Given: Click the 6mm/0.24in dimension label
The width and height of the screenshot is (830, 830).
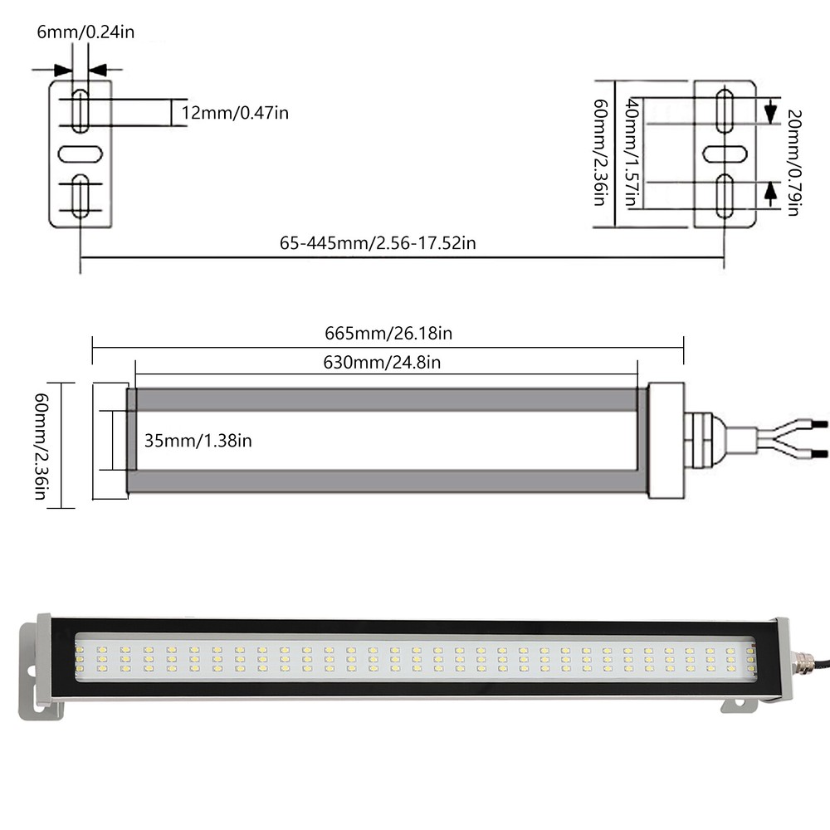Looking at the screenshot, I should [x=85, y=32].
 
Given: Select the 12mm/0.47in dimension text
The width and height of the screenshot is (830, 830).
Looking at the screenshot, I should [x=235, y=113].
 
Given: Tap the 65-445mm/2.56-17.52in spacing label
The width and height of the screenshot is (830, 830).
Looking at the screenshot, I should [x=378, y=243].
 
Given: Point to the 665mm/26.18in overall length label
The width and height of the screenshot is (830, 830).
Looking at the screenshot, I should [x=388, y=334].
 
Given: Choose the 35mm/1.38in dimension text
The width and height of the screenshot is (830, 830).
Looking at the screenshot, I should [x=198, y=440].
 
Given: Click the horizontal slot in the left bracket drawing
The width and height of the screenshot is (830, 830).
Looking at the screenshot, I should [x=80, y=154].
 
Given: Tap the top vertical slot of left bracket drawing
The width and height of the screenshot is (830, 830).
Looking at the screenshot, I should [x=80, y=111].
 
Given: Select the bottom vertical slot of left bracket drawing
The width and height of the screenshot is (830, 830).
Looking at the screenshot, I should [x=80, y=196].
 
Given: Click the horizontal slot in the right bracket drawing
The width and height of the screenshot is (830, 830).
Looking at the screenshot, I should [x=725, y=154].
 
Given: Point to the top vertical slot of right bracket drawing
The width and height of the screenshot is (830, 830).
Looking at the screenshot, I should [x=725, y=111].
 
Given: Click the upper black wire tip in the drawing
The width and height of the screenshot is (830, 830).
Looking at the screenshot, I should [x=819, y=424].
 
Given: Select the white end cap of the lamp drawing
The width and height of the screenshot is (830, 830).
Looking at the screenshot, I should [x=666, y=440].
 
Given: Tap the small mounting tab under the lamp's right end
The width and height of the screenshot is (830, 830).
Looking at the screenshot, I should [x=739, y=705].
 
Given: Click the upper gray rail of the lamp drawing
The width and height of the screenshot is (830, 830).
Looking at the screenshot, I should [x=386, y=399].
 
